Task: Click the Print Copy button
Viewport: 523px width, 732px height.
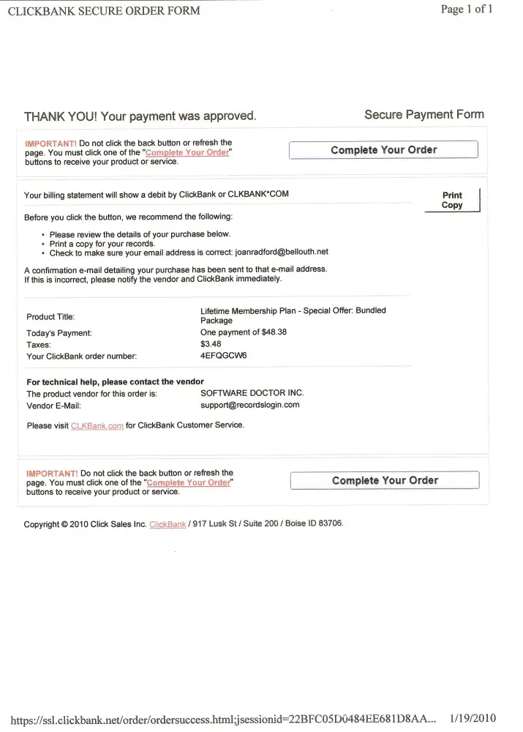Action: click(x=452, y=200)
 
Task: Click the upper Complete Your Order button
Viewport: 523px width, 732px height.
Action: click(x=383, y=150)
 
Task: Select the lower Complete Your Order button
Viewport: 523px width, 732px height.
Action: click(x=385, y=480)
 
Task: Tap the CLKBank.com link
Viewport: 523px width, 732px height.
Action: click(x=97, y=426)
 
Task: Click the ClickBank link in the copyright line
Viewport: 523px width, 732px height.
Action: click(x=168, y=525)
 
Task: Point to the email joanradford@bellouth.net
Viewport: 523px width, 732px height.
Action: click(x=282, y=252)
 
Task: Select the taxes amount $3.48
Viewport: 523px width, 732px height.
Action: click(x=211, y=344)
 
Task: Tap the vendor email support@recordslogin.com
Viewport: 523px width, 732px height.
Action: click(x=249, y=405)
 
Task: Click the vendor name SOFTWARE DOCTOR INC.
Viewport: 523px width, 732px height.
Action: click(x=252, y=393)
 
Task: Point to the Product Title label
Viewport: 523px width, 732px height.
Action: click(x=50, y=317)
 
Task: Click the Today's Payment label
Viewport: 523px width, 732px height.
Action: click(x=59, y=333)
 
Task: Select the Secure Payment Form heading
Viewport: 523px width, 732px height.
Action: click(x=424, y=115)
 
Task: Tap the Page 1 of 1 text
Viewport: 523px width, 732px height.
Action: click(x=467, y=10)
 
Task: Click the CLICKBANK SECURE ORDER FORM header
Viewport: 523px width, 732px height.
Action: click(x=103, y=11)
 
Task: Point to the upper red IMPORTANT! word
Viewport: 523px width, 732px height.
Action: click(x=51, y=143)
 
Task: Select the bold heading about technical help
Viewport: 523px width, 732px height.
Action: click(x=115, y=382)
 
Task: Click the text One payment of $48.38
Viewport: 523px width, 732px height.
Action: click(x=243, y=332)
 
